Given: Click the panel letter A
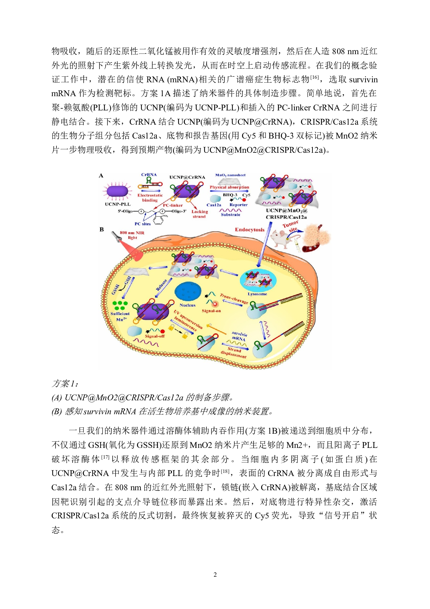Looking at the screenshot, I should [x=101, y=176].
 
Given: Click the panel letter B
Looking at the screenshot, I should [x=102, y=230].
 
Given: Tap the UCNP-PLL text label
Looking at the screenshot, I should [x=118, y=204].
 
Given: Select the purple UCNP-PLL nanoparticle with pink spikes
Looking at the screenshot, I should [x=118, y=191].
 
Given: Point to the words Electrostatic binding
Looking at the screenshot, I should [x=150, y=198].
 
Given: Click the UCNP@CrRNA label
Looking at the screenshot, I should [x=187, y=177].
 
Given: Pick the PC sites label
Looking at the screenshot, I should [x=143, y=224].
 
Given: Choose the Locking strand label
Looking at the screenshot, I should [x=199, y=214].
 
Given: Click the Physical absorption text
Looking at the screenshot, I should [x=229, y=187].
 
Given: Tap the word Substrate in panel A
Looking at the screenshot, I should [x=231, y=215].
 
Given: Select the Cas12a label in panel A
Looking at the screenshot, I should [x=214, y=205].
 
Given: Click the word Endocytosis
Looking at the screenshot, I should [x=250, y=230].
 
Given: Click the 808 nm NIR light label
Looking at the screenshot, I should [x=132, y=235].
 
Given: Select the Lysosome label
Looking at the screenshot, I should [x=257, y=294].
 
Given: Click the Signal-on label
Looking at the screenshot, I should [x=211, y=311].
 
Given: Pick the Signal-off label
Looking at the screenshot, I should [x=155, y=336].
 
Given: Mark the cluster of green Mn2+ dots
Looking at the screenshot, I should [x=120, y=306].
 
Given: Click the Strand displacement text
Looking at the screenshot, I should [x=234, y=352].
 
